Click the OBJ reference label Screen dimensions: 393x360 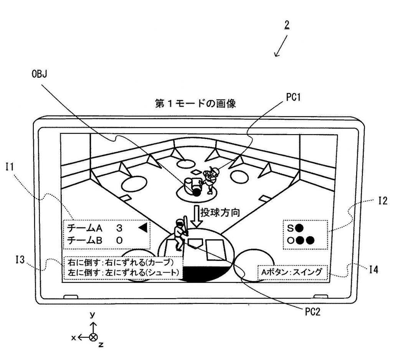coord(40,74)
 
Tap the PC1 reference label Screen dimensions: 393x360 coord(293,97)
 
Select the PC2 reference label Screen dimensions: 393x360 coord(312,312)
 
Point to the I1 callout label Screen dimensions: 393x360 coord(10,167)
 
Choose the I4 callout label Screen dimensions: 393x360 coord(374,270)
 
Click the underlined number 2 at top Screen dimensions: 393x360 coord(287,25)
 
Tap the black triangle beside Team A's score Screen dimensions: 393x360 coord(143,228)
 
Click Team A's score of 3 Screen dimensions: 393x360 coord(119,228)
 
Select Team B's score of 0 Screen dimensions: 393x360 coord(119,241)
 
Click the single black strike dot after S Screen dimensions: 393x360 coord(299,228)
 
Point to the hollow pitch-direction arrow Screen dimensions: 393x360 coord(196,217)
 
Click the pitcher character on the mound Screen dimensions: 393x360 coord(211,180)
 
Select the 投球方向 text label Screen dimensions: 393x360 coord(220,212)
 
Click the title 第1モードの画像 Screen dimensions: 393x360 coord(195,104)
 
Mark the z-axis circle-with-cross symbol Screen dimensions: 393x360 coord(94,337)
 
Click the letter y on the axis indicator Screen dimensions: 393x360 coord(92,315)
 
